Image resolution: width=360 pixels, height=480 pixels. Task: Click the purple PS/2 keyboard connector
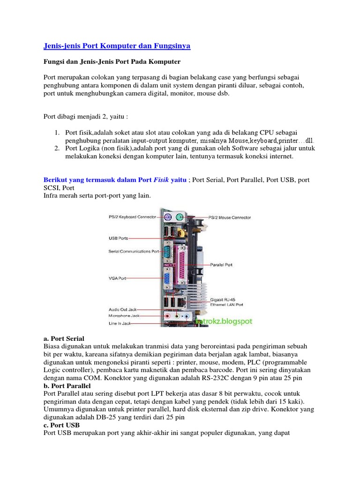168,217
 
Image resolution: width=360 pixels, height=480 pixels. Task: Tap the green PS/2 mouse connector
180,217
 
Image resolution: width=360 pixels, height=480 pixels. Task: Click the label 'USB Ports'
118,238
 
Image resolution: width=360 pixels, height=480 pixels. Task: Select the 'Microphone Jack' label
124,316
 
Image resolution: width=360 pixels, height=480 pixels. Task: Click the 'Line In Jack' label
120,322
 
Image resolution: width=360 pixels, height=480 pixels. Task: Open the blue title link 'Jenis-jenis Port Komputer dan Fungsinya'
117,46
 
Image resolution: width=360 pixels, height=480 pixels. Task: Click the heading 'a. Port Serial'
63,338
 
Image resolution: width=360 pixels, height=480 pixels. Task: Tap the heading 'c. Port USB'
61,426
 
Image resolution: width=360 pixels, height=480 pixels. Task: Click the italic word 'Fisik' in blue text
162,180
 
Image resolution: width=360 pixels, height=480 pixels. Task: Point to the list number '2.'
55,149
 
